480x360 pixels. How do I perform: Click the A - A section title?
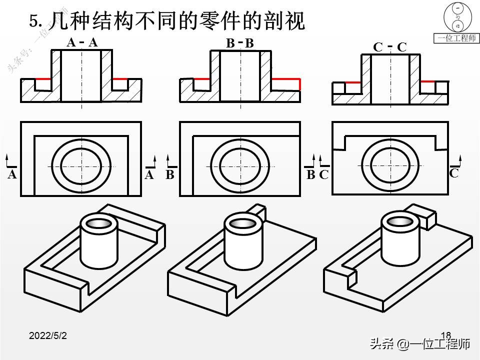pyautogui.click(x=82, y=43)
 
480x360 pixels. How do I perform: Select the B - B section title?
pyautogui.click(x=240, y=44)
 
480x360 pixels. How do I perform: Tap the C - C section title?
pyautogui.click(x=390, y=47)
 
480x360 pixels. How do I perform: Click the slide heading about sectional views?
pyautogui.click(x=167, y=21)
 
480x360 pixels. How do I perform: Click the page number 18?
pyautogui.click(x=446, y=335)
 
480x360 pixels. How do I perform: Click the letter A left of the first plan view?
pyautogui.click(x=12, y=175)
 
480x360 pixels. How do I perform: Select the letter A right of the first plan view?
pyautogui.click(x=149, y=175)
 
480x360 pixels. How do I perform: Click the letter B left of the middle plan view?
pyautogui.click(x=170, y=175)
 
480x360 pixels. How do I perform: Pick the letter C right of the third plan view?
pyautogui.click(x=454, y=173)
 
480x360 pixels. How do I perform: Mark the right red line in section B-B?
pyautogui.click(x=286, y=79)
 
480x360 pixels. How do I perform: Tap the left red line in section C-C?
pyautogui.click(x=353, y=81)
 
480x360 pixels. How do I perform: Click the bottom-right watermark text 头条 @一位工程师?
pyautogui.click(x=420, y=344)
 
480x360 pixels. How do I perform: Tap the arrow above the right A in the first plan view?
pyautogui.click(x=153, y=160)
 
